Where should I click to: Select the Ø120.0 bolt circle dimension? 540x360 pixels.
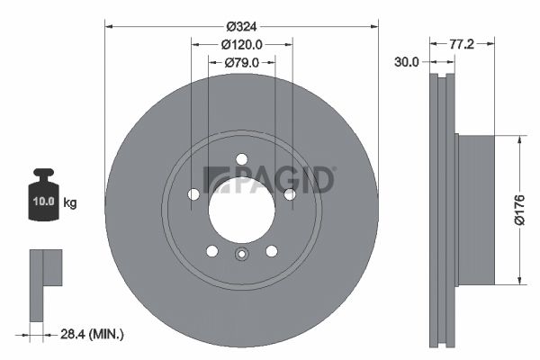[x=241, y=44]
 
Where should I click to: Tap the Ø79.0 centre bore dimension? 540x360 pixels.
[x=241, y=62]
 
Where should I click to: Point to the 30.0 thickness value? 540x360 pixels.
[x=407, y=62]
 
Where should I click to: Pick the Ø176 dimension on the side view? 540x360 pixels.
[x=518, y=210]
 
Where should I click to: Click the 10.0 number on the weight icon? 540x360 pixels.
[x=44, y=202]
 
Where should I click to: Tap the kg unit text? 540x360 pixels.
[x=70, y=202]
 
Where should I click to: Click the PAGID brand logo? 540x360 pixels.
[x=269, y=180]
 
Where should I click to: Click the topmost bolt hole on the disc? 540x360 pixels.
[x=241, y=159]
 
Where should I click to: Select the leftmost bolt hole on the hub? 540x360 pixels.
[x=193, y=194]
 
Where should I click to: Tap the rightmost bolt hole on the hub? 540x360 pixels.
[x=289, y=194]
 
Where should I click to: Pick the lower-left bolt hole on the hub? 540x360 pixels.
[x=211, y=250]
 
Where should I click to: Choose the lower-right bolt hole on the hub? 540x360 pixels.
[x=271, y=250]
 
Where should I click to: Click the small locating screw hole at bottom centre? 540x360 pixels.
[x=241, y=254]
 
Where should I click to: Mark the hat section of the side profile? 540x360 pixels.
[x=476, y=210]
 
